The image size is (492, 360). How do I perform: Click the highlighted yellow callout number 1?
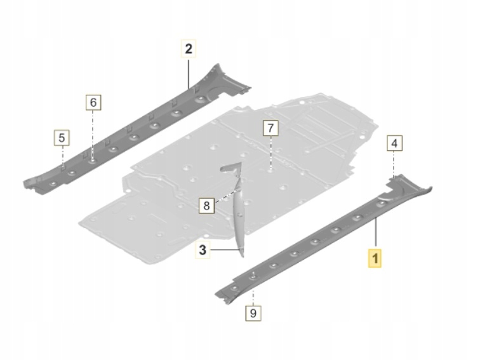click(375, 258)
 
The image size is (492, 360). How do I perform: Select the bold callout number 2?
click(189, 48)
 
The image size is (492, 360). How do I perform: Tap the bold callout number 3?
click(203, 250)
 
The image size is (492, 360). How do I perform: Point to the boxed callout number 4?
click(394, 144)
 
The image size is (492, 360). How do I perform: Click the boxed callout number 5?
click(62, 137)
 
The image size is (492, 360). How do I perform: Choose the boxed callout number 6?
click(93, 102)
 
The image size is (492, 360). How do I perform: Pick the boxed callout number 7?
click(270, 128)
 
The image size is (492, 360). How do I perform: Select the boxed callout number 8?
click(206, 205)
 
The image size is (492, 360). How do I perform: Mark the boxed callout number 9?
click(253, 312)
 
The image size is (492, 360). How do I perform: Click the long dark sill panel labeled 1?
click(317, 244)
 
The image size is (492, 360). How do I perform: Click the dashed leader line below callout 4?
click(394, 164)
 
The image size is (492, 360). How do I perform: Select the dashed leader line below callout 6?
click(93, 133)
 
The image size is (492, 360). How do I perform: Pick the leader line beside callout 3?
click(226, 251)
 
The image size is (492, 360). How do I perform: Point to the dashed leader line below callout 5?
click(62, 156)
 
